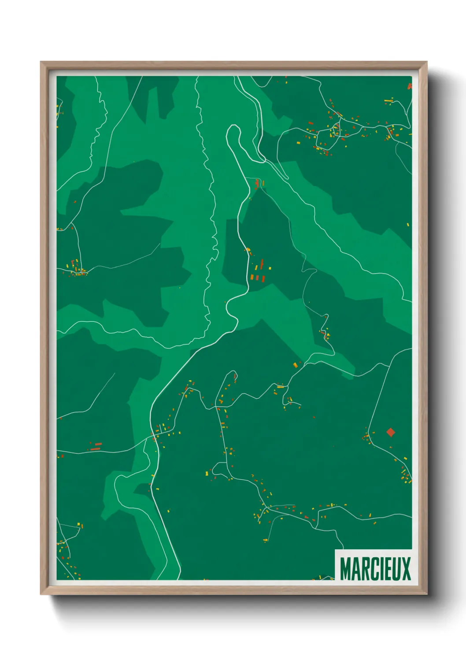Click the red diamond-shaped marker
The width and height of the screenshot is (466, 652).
390,432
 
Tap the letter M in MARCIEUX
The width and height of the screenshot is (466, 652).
346,569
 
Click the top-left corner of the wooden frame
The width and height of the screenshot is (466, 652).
41,62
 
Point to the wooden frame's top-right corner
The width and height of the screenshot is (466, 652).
426,62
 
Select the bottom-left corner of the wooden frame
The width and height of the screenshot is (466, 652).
41,594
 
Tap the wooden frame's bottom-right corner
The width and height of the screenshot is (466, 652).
426,594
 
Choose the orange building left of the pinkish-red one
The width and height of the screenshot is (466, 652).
252,277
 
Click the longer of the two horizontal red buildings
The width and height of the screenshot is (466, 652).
98,444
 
